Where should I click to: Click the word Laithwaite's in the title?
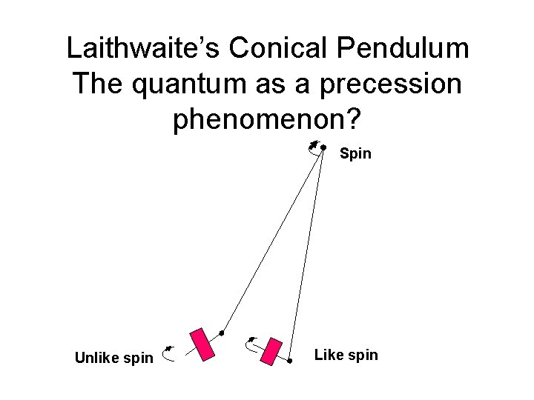tap(143, 49)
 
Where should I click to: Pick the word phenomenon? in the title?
tap(268, 119)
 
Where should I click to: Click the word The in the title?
tap(98, 84)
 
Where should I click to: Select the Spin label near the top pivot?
tap(355, 155)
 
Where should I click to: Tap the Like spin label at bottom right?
tap(346, 355)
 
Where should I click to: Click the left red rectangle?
tap(202, 344)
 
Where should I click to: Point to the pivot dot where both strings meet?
tap(324, 147)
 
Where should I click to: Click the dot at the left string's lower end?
tap(221, 333)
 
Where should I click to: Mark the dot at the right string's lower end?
tap(289, 363)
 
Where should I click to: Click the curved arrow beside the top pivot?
tap(314, 147)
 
